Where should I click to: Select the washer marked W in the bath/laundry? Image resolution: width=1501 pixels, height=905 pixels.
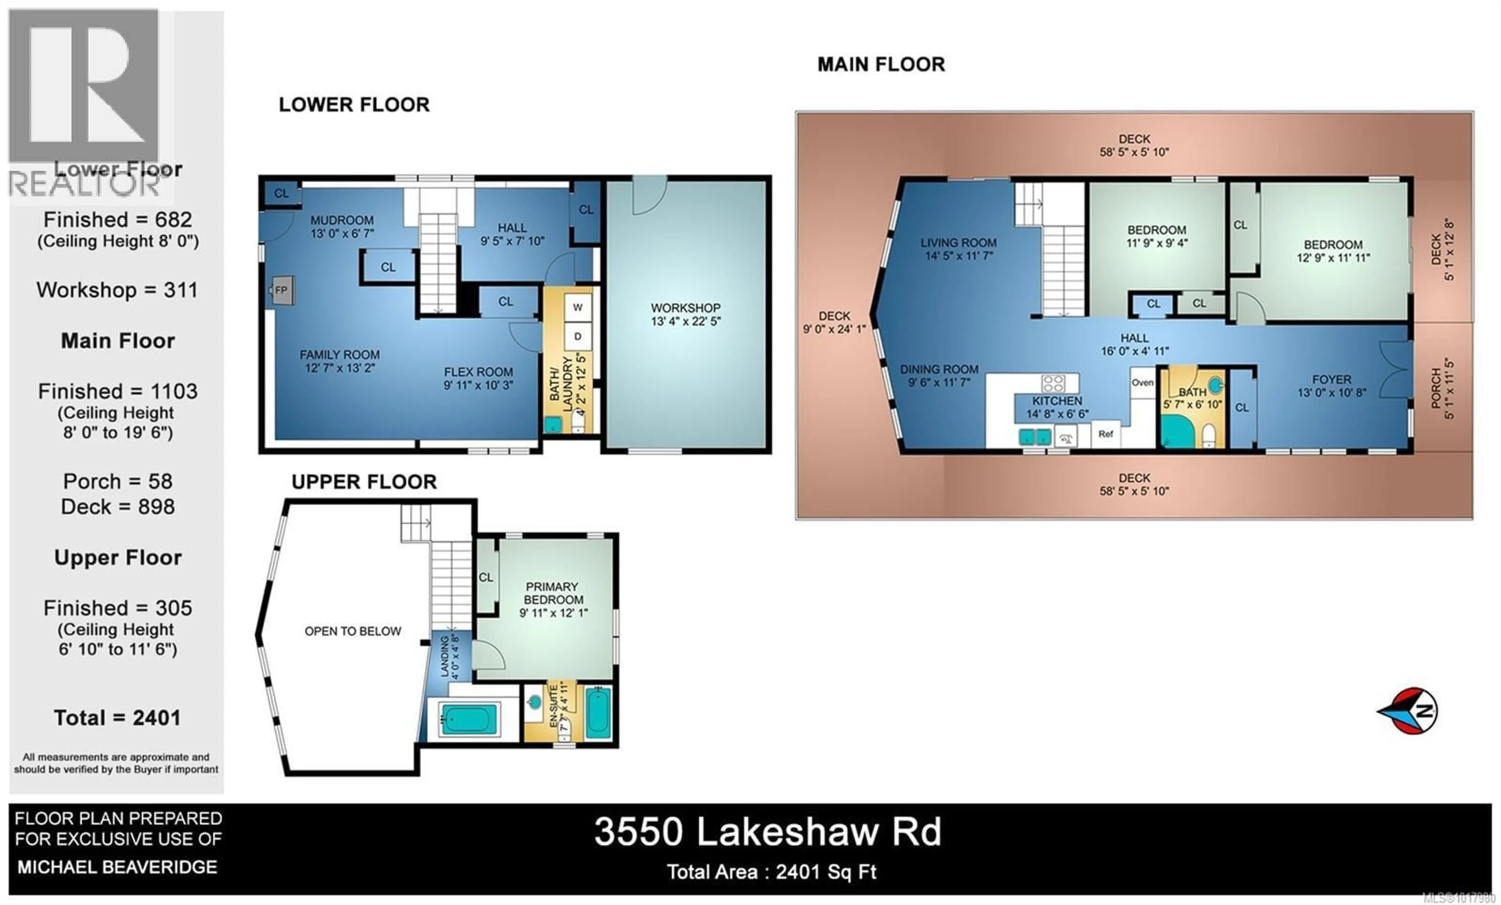(x=577, y=308)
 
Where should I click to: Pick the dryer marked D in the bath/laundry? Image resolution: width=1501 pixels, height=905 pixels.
(x=577, y=336)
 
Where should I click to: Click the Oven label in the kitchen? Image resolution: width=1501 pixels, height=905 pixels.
(x=1142, y=383)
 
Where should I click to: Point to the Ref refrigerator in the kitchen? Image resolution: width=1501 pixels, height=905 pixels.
(x=1106, y=434)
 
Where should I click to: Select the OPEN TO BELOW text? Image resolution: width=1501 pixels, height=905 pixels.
(x=353, y=631)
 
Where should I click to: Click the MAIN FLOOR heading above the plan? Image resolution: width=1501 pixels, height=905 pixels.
(x=881, y=64)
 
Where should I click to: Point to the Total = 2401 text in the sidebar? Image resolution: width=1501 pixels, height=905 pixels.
(x=117, y=718)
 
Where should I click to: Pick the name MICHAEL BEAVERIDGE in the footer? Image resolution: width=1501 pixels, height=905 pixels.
(x=117, y=867)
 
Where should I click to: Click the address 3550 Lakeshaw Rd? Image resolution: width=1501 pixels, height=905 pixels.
(x=768, y=832)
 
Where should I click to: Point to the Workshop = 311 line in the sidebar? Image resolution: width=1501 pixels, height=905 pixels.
(x=117, y=290)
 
